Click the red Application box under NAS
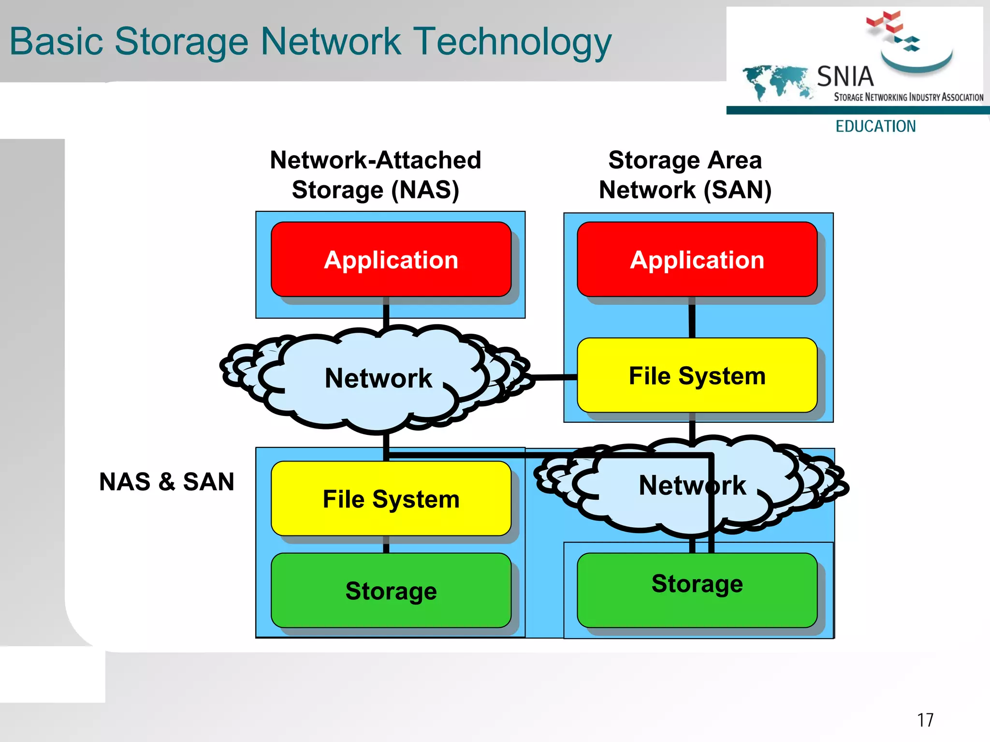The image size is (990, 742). (391, 260)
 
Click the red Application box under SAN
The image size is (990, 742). (697, 260)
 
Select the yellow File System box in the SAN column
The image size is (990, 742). (697, 375)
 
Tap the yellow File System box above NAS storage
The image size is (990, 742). (391, 499)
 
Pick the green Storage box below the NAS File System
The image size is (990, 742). (391, 591)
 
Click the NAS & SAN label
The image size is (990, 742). (167, 482)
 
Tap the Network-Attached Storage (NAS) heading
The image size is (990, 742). (376, 175)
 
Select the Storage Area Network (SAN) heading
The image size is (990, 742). (685, 175)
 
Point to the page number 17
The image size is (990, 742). (925, 720)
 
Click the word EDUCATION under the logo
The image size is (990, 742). (875, 126)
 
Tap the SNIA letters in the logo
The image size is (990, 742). (845, 76)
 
